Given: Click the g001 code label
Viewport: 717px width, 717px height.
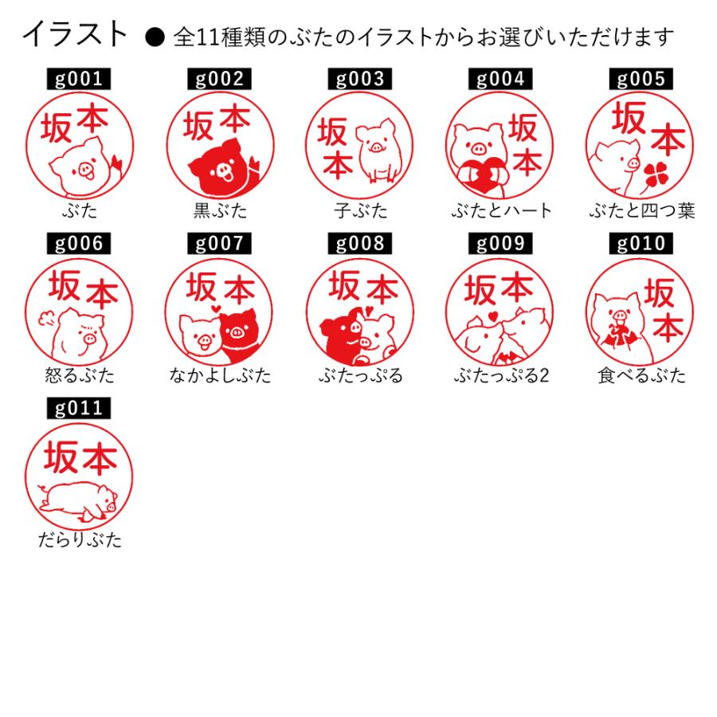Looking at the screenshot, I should coord(79,79).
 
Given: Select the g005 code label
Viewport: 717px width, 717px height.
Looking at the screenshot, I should coord(640,79).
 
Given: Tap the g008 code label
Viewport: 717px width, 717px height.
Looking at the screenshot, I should coord(359,244).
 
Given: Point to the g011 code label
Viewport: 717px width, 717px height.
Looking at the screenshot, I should coord(79,409).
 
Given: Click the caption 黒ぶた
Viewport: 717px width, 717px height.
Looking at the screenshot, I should coord(220,211).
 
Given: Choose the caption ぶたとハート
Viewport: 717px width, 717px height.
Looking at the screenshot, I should coord(500,211).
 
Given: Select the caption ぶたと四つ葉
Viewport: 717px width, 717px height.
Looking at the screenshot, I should coord(641,211).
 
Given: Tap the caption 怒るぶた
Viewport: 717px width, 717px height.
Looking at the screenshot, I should coord(80,375).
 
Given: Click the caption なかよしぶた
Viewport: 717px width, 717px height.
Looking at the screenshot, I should coord(220,375).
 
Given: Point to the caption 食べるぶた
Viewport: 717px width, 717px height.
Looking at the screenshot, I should coord(641,375).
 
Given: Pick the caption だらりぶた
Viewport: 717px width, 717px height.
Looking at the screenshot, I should coord(80,540).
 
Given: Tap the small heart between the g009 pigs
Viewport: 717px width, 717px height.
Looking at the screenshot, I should coord(494,316).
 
